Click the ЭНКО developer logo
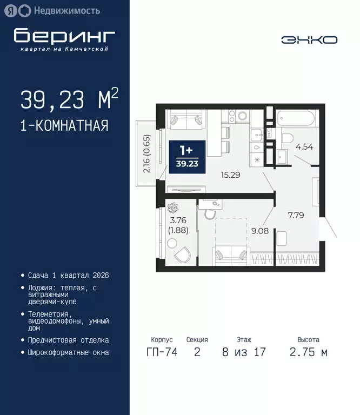[x=309, y=39]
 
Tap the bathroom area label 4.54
[x=304, y=146]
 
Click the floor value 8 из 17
[x=243, y=353]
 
